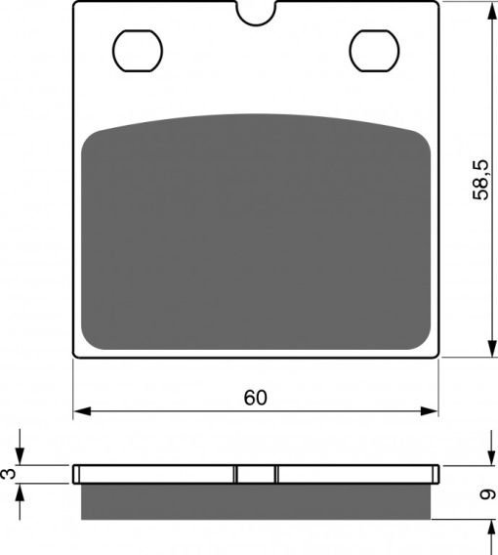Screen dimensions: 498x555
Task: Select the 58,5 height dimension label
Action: click(481, 180)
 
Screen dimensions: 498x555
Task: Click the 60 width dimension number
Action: click(256, 398)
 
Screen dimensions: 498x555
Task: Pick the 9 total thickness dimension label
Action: click(488, 494)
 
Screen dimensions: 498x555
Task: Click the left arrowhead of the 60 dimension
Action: click(82, 411)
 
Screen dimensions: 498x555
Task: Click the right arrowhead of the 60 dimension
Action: click(430, 411)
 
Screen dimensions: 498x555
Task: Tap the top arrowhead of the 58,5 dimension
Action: click(492, 12)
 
